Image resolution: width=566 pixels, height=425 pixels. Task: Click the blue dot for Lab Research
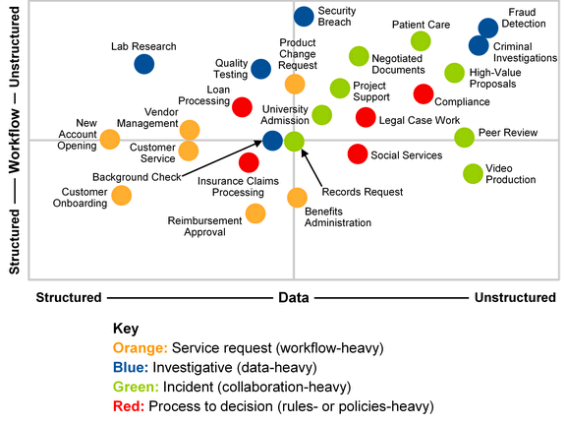[144, 64]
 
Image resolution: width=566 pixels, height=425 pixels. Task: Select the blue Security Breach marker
[304, 17]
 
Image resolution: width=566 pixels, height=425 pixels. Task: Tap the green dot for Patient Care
[421, 41]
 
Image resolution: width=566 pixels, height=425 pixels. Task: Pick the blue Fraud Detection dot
[488, 28]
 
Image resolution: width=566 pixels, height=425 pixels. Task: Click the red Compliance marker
[424, 94]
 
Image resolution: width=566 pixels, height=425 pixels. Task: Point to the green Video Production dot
[473, 173]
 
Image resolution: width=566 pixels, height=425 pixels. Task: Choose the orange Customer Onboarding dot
[121, 196]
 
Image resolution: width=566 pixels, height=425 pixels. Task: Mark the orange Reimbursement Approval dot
[255, 213]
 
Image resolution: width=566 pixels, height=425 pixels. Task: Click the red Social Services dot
[358, 153]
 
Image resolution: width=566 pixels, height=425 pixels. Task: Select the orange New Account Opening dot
[110, 139]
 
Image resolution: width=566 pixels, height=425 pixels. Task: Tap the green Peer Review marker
[464, 138]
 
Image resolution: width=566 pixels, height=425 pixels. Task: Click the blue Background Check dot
[272, 141]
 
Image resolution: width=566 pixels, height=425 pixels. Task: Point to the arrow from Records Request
[311, 168]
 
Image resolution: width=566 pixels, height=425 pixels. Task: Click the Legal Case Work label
[420, 120]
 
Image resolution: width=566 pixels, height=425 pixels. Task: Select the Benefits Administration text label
[338, 216]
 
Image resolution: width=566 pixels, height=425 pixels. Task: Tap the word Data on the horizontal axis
[294, 298]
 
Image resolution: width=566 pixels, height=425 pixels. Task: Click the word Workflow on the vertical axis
[15, 141]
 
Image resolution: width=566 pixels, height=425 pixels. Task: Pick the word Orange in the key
[141, 348]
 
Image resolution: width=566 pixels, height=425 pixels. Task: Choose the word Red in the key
[129, 406]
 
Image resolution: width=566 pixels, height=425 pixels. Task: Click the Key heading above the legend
[126, 329]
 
